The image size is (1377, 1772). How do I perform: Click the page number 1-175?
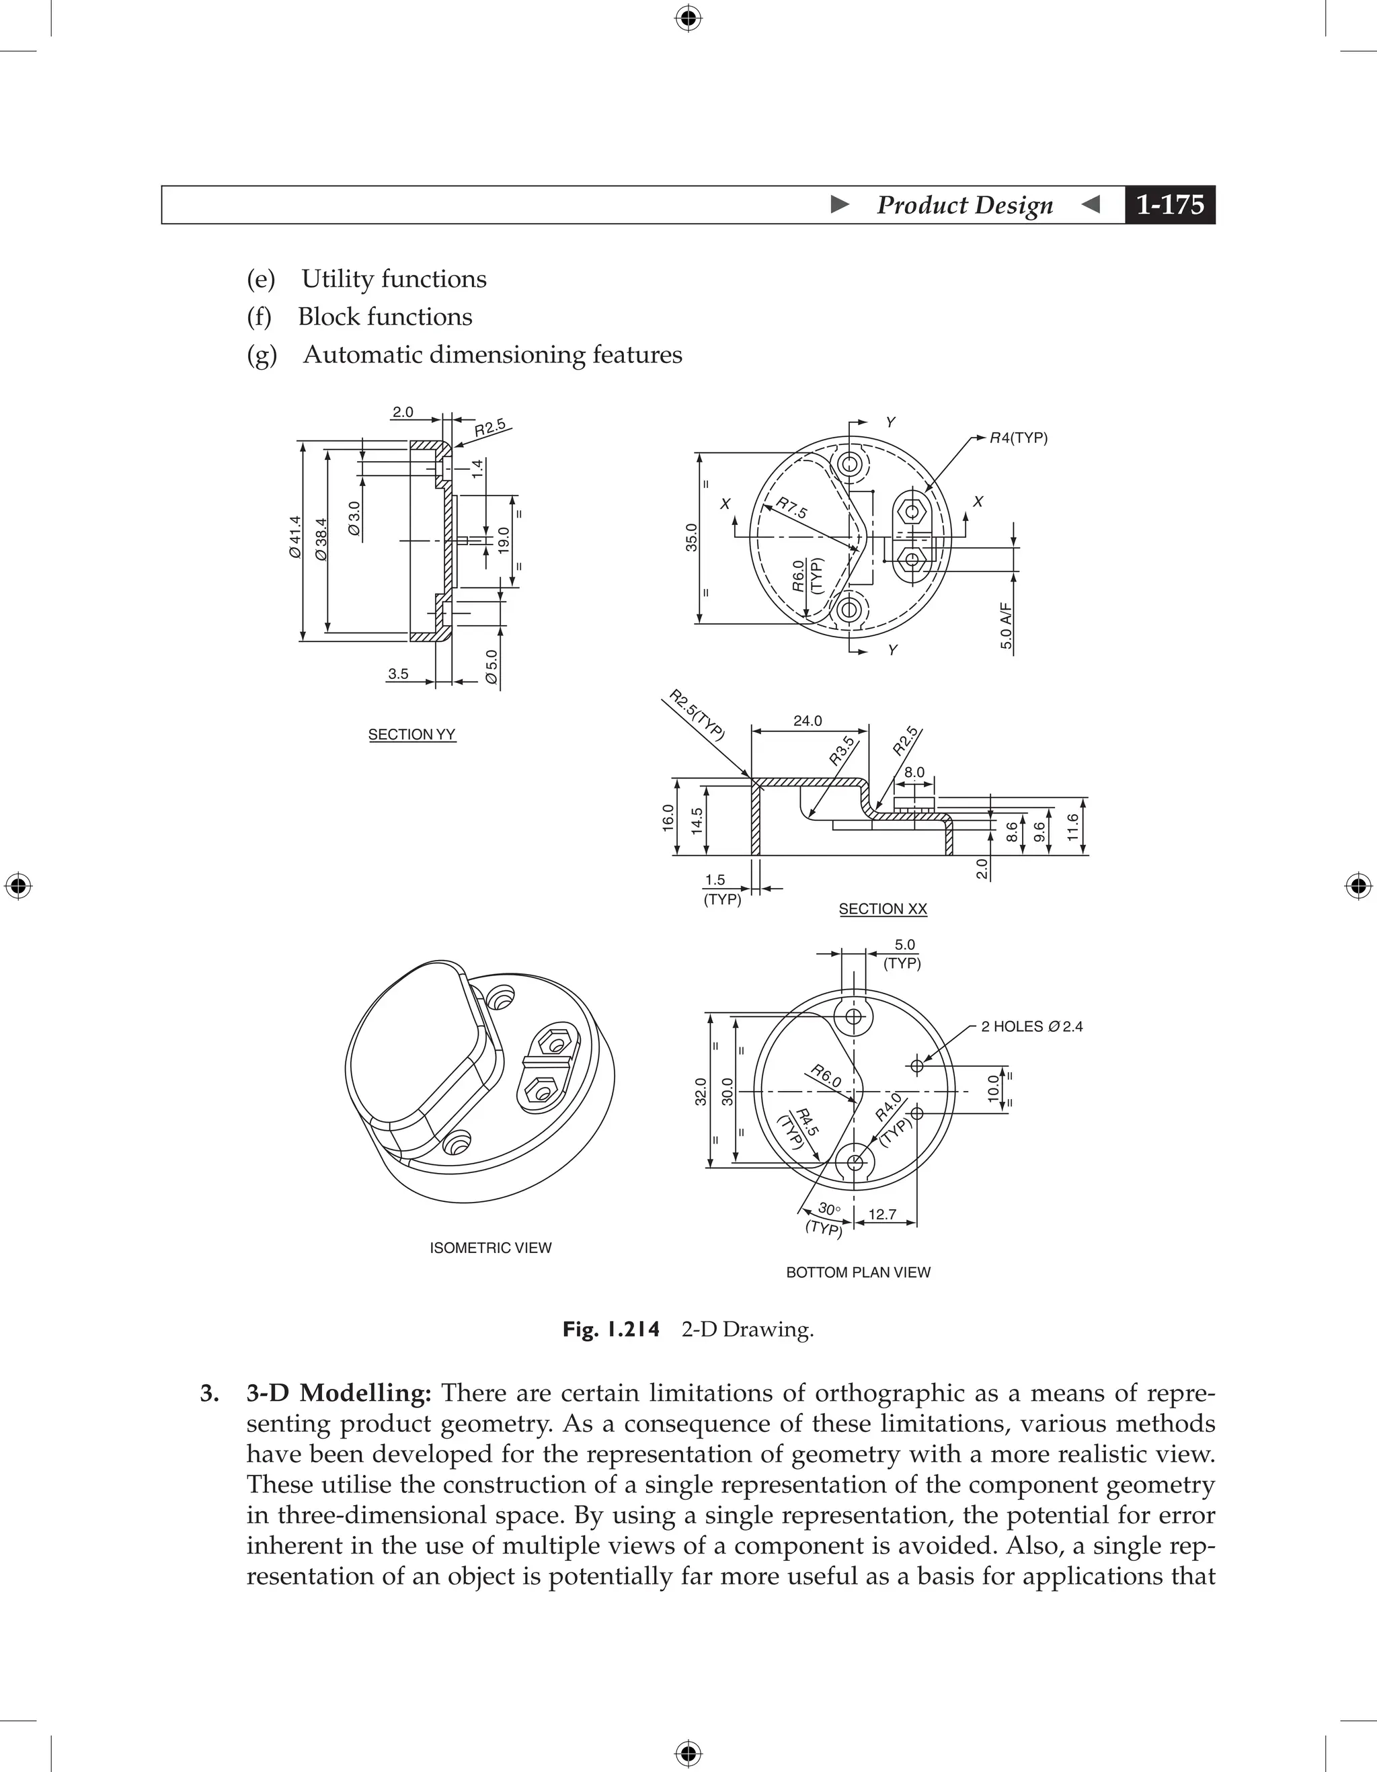[1169, 205]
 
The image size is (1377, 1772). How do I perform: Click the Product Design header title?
[964, 205]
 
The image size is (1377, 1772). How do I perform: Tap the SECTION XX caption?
[882, 909]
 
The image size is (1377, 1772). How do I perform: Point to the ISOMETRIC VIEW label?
[490, 1248]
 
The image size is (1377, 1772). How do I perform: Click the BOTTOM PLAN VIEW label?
[858, 1273]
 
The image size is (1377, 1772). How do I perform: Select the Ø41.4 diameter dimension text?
[294, 537]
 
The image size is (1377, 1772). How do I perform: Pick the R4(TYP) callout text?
[1019, 438]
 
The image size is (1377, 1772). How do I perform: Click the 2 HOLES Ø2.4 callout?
[1031, 1026]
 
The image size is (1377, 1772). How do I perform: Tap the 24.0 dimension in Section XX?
[808, 721]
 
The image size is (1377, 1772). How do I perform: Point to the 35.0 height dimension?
[691, 538]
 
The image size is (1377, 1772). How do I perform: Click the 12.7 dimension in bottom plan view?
[882, 1215]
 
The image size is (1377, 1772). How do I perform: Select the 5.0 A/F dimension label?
[1006, 626]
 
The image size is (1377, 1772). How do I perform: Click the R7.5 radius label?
[791, 509]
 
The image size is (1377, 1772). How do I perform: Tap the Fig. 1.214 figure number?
[611, 1330]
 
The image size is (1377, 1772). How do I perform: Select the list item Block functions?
[385, 317]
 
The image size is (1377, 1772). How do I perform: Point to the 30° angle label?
[828, 1208]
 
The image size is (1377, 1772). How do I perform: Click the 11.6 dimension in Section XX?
[1072, 827]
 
